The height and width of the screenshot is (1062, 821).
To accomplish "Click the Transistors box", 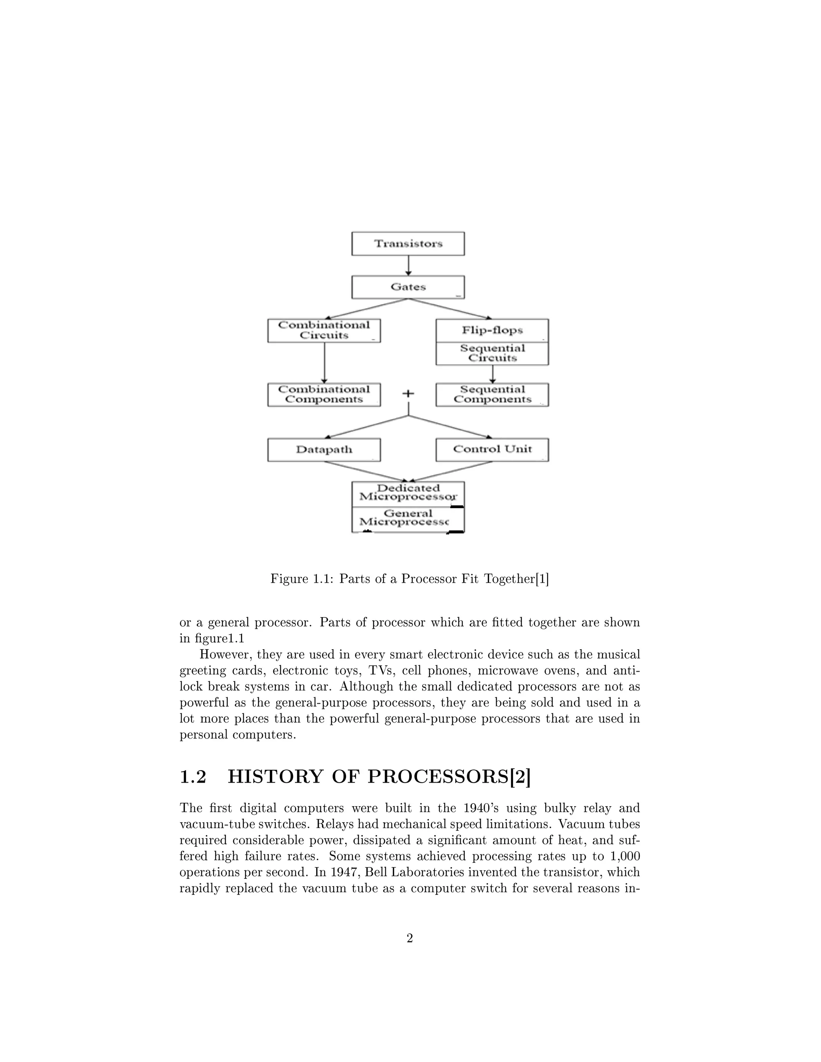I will (x=408, y=244).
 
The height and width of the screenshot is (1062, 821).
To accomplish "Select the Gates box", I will (x=408, y=287).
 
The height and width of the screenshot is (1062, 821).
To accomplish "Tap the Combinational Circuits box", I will (x=324, y=330).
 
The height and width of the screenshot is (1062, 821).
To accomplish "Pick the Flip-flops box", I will (x=492, y=331).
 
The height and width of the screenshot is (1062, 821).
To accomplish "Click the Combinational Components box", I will (x=324, y=394).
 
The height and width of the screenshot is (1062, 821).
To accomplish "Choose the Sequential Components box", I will (x=492, y=394).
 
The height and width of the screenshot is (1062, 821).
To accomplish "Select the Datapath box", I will (x=324, y=449).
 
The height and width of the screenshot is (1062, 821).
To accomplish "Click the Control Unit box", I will (x=492, y=449).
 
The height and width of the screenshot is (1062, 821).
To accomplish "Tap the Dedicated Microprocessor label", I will (x=408, y=493).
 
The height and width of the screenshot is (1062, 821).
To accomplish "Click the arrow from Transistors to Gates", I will (x=408, y=265).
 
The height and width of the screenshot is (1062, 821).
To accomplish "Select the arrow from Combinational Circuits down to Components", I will (x=324, y=363).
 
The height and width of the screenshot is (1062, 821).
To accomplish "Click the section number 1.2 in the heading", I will (x=193, y=777).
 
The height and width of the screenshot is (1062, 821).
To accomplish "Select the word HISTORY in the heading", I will (x=275, y=777).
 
